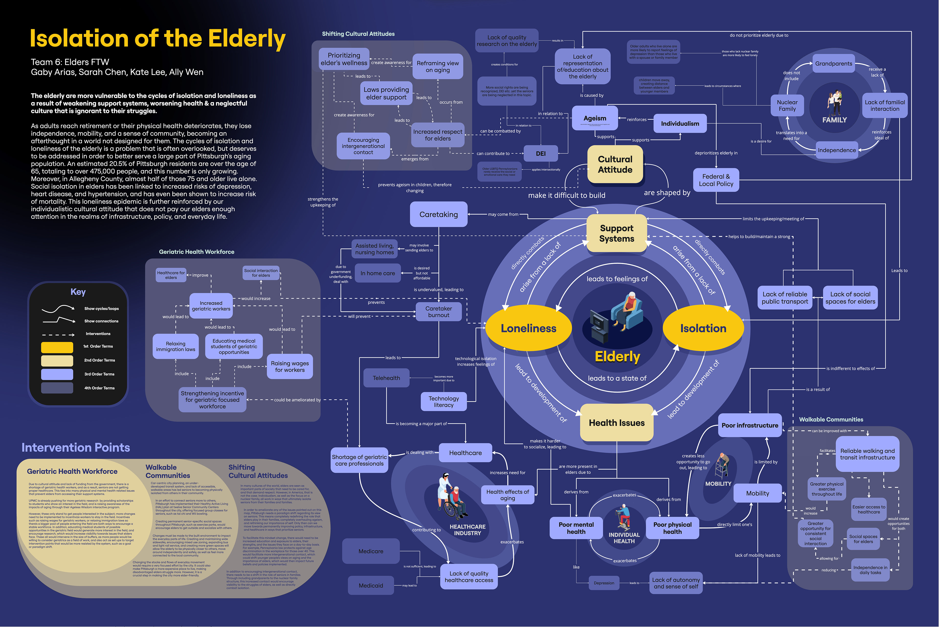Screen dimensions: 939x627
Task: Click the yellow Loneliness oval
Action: pyautogui.click(x=528, y=328)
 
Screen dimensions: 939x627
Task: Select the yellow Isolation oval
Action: pyautogui.click(x=703, y=328)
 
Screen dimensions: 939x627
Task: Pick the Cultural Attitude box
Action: pyautogui.click(x=615, y=164)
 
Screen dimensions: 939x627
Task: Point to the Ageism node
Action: pyautogui.click(x=595, y=118)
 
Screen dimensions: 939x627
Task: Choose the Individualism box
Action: pyautogui.click(x=680, y=123)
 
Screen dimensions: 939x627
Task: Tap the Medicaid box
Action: pyautogui.click(x=371, y=585)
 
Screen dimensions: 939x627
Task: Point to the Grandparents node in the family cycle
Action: pyautogui.click(x=833, y=64)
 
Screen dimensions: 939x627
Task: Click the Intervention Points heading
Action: pyautogui.click(x=76, y=448)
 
